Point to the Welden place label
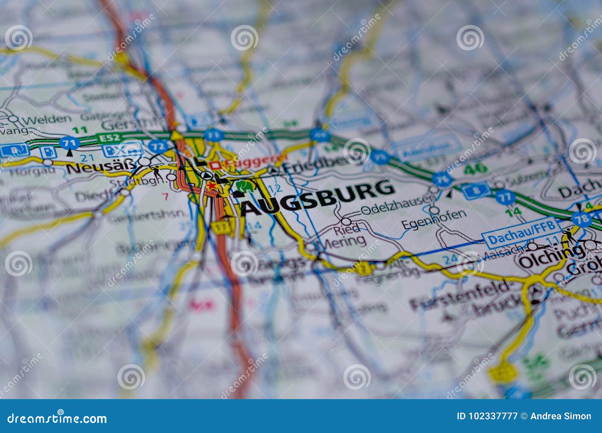click(46, 119)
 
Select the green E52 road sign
click(110, 138)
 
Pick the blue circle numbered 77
click(505, 197)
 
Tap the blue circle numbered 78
click(581, 219)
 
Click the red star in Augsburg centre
click(211, 186)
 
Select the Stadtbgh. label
click(138, 182)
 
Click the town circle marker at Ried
click(346, 221)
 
